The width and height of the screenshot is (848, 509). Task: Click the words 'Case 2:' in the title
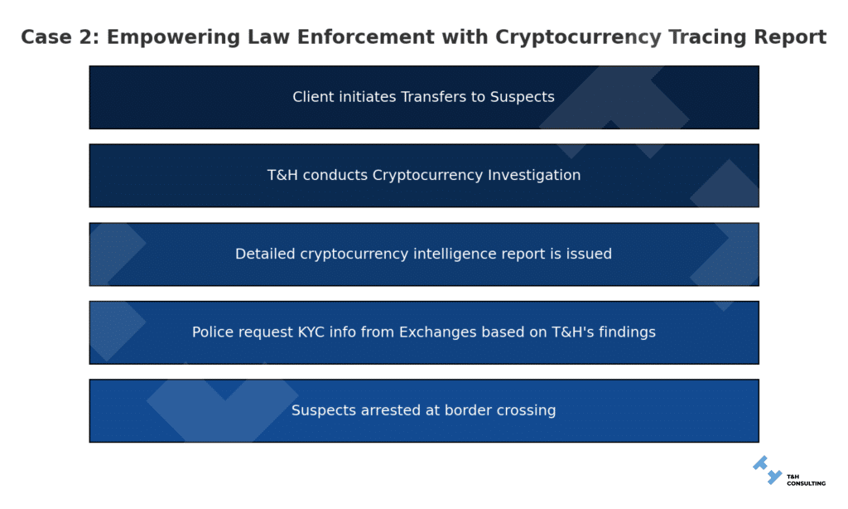click(60, 37)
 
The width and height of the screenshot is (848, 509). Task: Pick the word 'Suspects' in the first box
click(523, 97)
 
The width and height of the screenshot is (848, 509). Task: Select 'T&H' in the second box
click(282, 175)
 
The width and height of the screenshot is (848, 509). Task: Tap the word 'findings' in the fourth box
click(625, 332)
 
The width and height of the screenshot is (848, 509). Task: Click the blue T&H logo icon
click(767, 470)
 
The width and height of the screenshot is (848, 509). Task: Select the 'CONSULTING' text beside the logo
click(805, 482)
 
